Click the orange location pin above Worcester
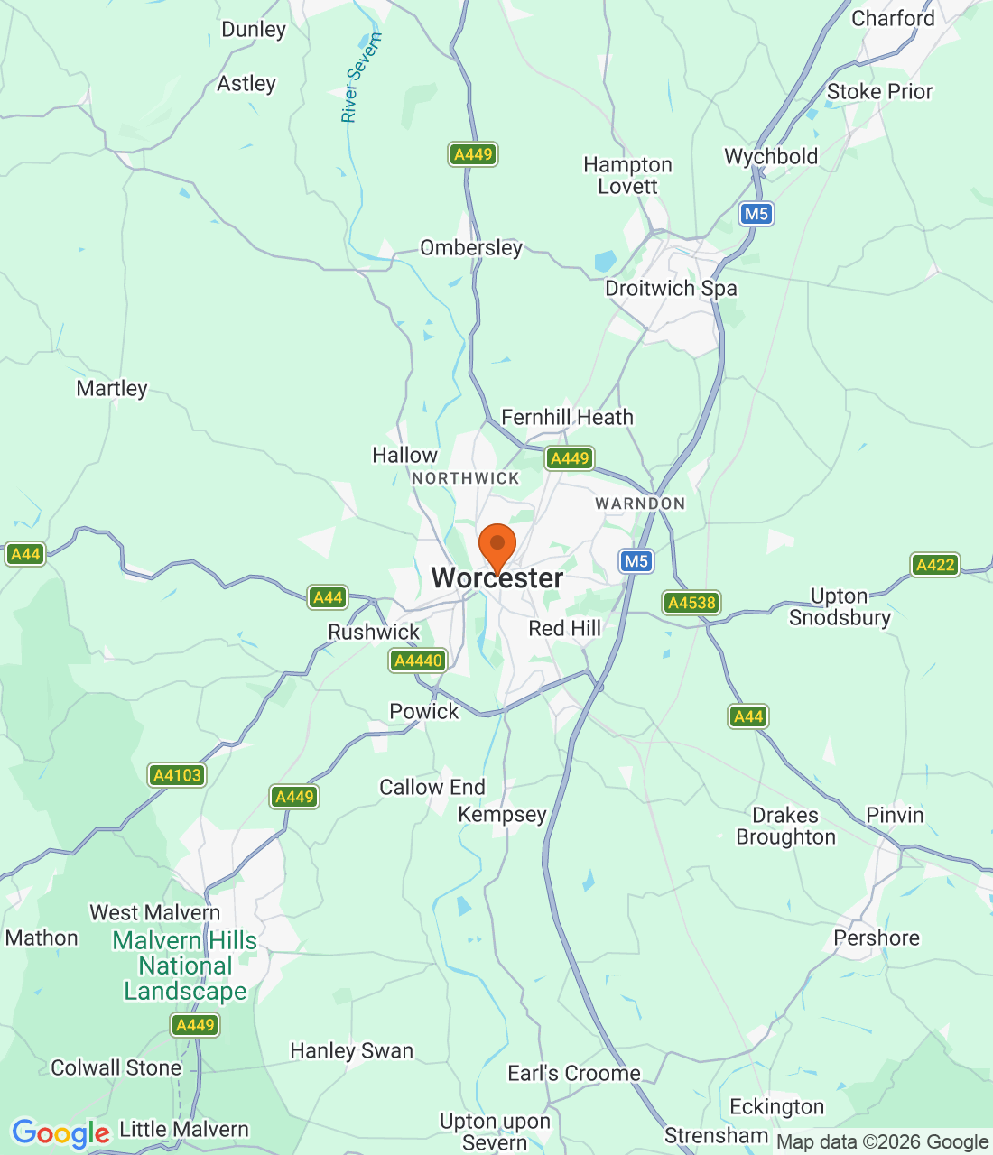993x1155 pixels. coord(496,546)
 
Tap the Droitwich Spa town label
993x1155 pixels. coord(671,289)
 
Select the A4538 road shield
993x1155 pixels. coord(691,603)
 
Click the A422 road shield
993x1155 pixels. coord(934,565)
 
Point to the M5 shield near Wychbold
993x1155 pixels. coord(756,214)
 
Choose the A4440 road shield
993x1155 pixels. coord(419,661)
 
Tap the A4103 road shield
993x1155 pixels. coord(177,775)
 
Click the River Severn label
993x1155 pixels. coord(361,78)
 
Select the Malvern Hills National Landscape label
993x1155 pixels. coord(185,966)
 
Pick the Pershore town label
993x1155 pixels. coord(876,938)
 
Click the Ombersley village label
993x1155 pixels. coord(471,247)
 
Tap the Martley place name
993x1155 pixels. coord(112,388)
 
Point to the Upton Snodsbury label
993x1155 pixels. coord(840,606)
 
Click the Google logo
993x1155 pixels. coord(60,1133)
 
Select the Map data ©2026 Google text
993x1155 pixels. coord(882,1142)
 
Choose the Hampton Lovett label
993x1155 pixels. coord(627,176)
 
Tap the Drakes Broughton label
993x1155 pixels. coord(785,827)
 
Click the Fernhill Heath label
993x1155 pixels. coord(567,417)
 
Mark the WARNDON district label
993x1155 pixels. coord(640,504)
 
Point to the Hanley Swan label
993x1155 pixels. coord(351,1050)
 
